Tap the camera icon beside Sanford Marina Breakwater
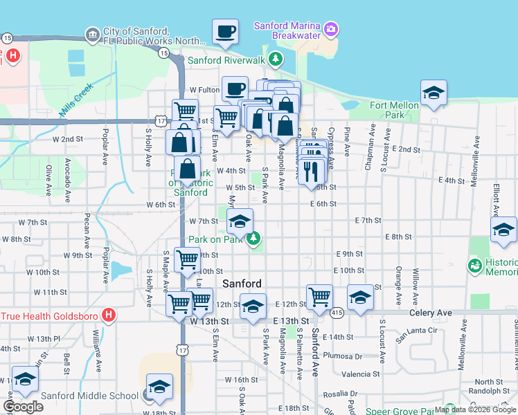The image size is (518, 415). [x=332, y=28]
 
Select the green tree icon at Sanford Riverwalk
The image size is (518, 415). [x=276, y=59]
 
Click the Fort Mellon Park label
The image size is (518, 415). [x=395, y=110]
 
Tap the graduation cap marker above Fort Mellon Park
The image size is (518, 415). [x=433, y=93]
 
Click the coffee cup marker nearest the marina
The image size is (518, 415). [x=225, y=32]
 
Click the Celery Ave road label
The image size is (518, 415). [x=430, y=313]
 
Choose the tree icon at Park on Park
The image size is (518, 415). [x=254, y=239]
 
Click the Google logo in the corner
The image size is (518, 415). [x=23, y=407]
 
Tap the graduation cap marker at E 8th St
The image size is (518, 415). [x=503, y=230]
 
